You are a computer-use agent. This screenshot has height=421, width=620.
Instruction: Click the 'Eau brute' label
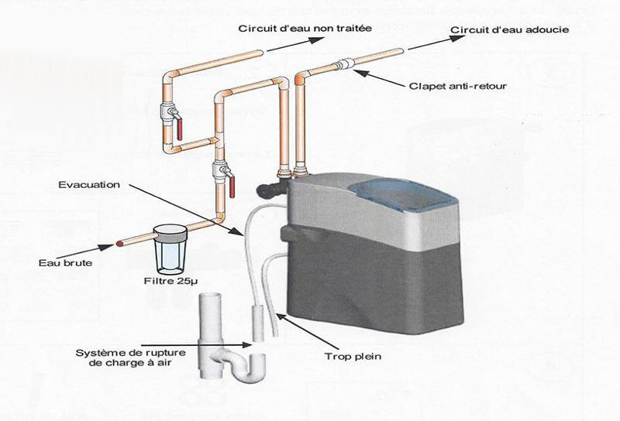(60, 262)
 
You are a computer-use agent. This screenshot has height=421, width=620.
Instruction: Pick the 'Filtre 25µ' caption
(167, 280)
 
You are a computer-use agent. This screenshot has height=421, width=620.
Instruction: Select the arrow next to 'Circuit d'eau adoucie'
(426, 43)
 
